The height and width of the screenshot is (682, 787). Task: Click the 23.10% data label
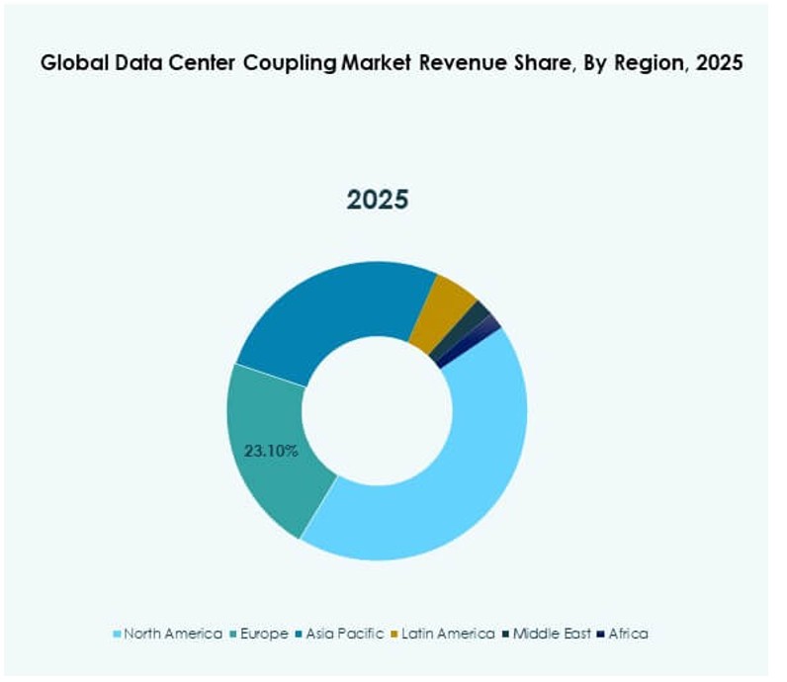click(x=271, y=450)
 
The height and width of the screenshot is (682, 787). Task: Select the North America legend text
click(x=173, y=634)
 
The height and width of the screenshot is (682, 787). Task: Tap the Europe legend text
click(x=264, y=634)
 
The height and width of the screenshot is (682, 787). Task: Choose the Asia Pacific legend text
click(x=345, y=634)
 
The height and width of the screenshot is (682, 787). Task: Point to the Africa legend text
click(x=629, y=634)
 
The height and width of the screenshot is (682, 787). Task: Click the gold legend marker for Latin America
click(x=397, y=635)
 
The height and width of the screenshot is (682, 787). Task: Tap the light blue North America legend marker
click(x=119, y=635)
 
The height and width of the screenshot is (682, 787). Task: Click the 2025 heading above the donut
click(x=377, y=200)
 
